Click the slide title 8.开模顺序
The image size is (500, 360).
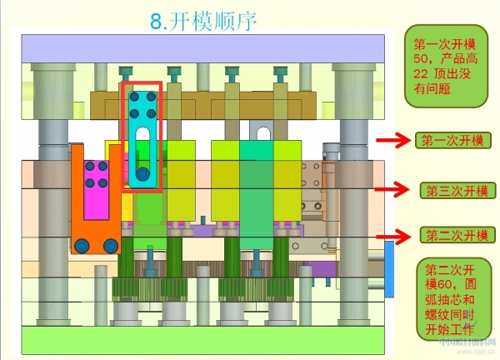coord(204,21)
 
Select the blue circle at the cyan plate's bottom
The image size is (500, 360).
coord(143,175)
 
